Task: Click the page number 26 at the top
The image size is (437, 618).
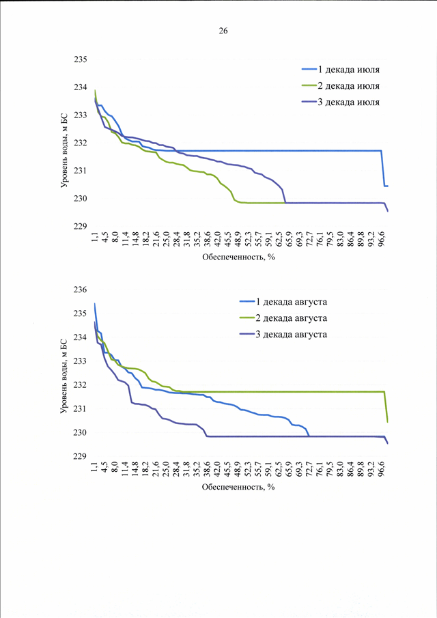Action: click(x=223, y=31)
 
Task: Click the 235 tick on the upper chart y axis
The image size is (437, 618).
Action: click(x=81, y=59)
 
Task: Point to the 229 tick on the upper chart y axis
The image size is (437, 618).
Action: click(x=81, y=227)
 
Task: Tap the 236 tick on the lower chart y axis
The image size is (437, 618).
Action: click(x=81, y=290)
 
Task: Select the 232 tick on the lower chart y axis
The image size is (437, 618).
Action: click(x=81, y=385)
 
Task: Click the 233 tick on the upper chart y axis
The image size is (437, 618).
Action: click(x=81, y=115)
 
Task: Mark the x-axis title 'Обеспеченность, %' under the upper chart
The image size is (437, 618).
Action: click(x=238, y=257)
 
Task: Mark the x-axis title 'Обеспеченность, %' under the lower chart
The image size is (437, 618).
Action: click(x=238, y=488)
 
